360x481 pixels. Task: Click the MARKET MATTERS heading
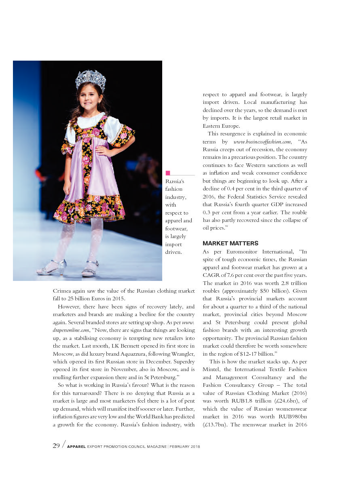[x=230, y=243]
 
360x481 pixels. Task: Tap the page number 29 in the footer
[x=57, y=446]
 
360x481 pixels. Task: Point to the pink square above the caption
[x=168, y=173]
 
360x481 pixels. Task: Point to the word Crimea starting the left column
[x=63, y=291]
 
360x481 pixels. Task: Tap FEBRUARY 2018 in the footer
[x=185, y=447]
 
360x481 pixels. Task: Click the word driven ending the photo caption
[x=174, y=252]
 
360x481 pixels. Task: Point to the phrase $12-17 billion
[x=256, y=354]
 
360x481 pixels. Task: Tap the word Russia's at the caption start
[x=175, y=181]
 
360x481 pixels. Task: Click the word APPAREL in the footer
[x=76, y=447]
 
